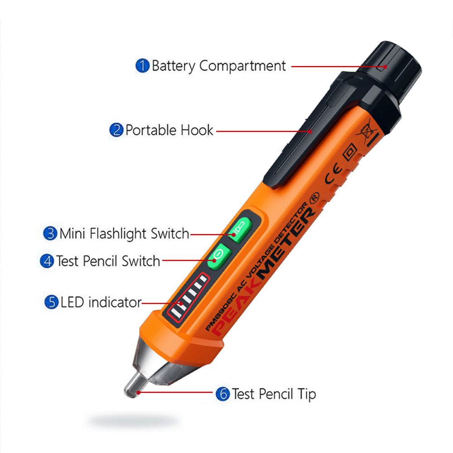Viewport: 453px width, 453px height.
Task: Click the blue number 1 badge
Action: pos(143,66)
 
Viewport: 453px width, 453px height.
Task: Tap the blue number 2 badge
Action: pos(116,130)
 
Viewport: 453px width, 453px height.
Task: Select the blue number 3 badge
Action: pos(50,234)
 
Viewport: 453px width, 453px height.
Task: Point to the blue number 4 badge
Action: pos(47,261)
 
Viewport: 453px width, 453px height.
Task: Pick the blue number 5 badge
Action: pos(51,302)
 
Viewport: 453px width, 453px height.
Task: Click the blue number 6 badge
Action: pos(222,394)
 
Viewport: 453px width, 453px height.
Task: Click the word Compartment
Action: pos(243,66)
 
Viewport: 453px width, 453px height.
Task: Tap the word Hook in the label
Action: pos(197,130)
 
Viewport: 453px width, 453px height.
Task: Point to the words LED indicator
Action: pos(101,302)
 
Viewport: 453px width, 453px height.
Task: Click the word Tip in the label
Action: pos(306,394)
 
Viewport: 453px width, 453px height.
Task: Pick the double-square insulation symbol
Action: pos(350,153)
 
